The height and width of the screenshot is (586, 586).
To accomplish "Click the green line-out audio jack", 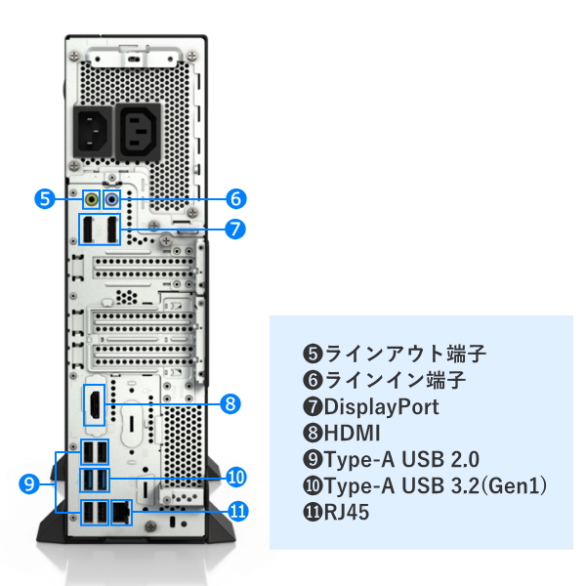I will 93,198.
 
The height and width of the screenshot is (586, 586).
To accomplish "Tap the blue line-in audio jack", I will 111,198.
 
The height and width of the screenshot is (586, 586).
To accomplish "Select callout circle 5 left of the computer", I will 43,198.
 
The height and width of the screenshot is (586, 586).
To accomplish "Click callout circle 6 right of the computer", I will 234,198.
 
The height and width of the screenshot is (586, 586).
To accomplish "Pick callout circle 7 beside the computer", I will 234,230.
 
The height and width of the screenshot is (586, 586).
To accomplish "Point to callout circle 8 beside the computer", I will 230,402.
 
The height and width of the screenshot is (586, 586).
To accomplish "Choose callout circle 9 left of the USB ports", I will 29,482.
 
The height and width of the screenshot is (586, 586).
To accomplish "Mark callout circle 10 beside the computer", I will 234,477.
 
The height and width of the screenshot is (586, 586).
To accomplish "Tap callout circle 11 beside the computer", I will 235,509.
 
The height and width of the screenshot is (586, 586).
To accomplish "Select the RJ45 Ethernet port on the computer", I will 122,511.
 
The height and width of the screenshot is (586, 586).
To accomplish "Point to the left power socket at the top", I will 95,131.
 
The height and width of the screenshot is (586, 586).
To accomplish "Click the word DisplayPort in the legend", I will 382,406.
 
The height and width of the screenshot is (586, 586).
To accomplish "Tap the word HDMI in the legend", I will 353,433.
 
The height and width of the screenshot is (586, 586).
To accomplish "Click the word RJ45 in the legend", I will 349,511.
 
